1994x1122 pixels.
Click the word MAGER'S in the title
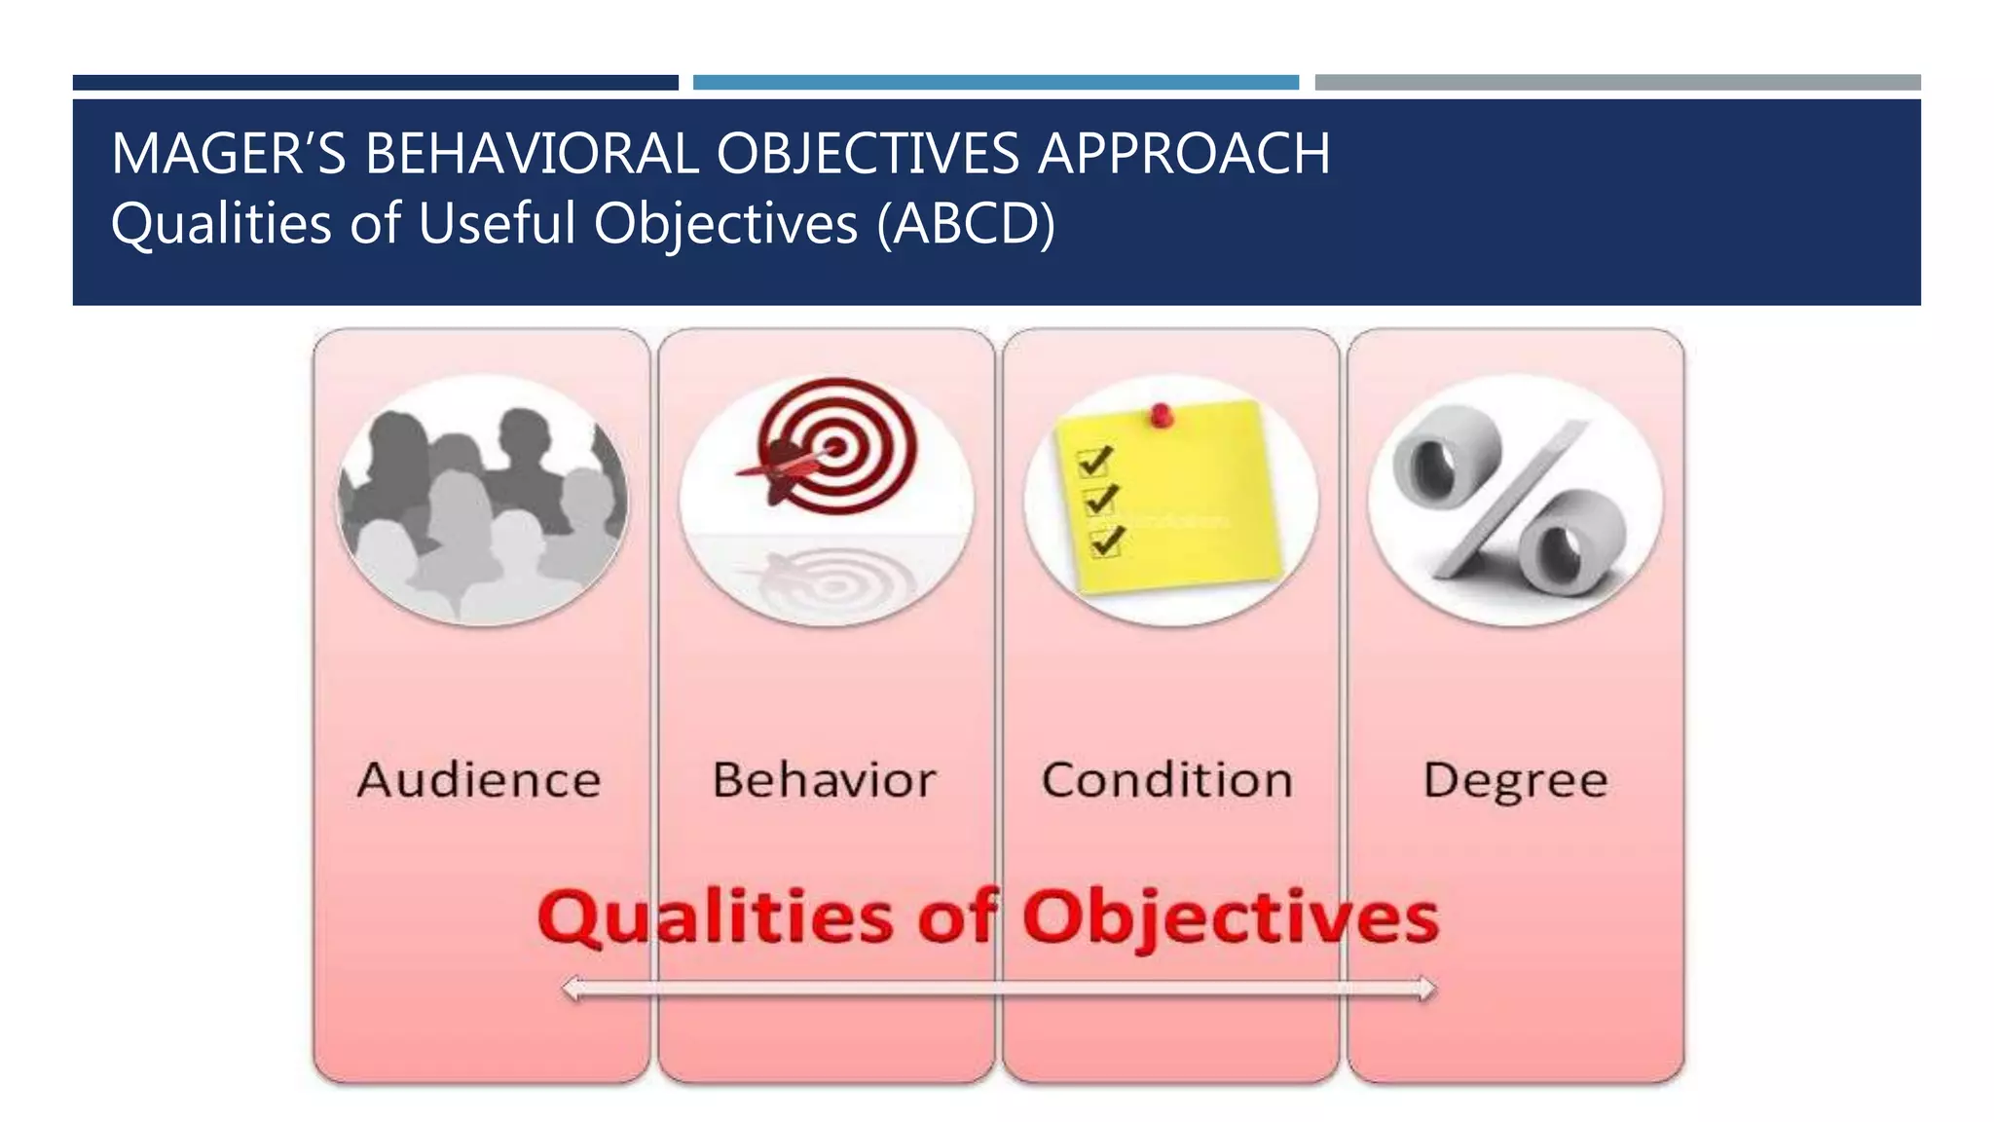[x=228, y=154]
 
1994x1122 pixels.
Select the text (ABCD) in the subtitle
[x=965, y=224]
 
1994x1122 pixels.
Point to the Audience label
[x=479, y=780]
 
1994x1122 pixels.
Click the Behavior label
[x=824, y=780]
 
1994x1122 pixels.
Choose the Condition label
[x=1167, y=780]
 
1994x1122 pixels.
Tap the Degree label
[x=1515, y=780]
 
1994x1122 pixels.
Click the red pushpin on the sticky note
[x=1161, y=416]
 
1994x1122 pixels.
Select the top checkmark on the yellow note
[x=1096, y=460]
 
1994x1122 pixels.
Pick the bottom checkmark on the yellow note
[x=1107, y=541]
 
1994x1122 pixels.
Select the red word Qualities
[x=715, y=917]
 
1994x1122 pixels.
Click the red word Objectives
[x=1231, y=917]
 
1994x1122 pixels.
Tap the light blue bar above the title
[x=995, y=83]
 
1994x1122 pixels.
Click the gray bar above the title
[x=1617, y=83]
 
